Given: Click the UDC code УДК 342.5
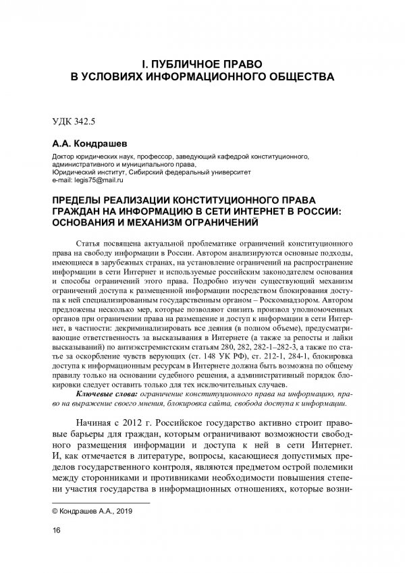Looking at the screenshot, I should [x=75, y=124].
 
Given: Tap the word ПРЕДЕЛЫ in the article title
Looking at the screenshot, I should [x=85, y=200].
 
